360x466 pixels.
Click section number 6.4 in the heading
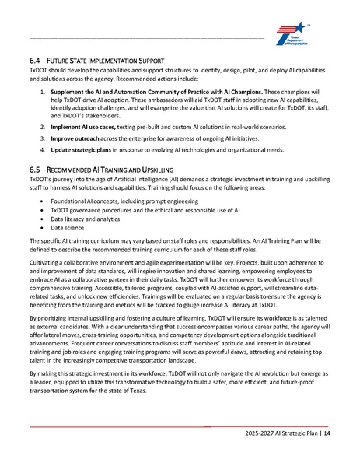pos(34,59)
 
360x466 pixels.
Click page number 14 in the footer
pos(326,432)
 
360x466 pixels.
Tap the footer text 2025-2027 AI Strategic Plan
pos(279,432)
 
